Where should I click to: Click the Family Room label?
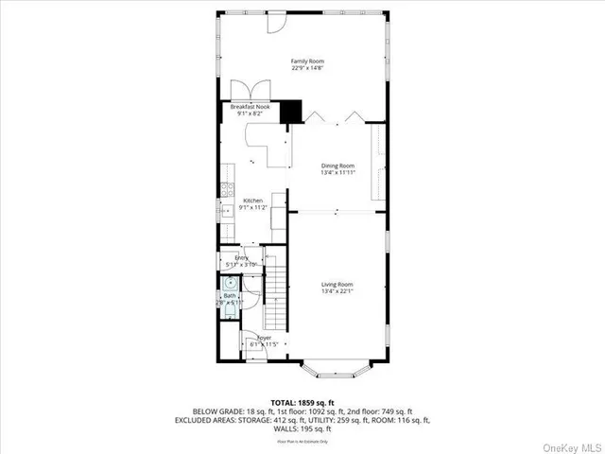(303, 59)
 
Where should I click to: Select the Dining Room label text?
(337, 166)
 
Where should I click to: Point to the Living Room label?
(337, 284)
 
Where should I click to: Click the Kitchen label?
(252, 201)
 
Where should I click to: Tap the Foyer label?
(264, 338)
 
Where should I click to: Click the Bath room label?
(230, 296)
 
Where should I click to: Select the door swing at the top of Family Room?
(275, 21)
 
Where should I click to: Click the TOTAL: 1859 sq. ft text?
(302, 402)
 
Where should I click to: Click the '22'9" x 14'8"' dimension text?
(303, 67)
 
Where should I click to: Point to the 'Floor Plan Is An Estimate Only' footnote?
(302, 441)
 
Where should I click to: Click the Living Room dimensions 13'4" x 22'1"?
(337, 291)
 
